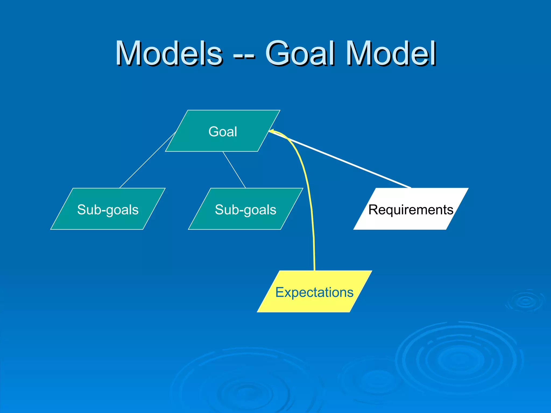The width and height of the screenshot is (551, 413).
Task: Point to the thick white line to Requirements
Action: tap(342, 160)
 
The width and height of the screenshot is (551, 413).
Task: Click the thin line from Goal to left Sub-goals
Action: tap(147, 160)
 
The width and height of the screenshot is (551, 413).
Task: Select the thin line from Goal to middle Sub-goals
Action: tap(234, 170)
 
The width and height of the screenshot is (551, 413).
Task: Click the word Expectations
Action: tap(314, 292)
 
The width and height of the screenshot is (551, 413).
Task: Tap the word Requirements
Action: tap(411, 210)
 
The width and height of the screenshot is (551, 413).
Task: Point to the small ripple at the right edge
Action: tap(525, 301)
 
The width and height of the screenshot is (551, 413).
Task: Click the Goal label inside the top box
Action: tap(223, 132)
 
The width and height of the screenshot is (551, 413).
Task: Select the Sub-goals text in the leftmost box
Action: tap(108, 210)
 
